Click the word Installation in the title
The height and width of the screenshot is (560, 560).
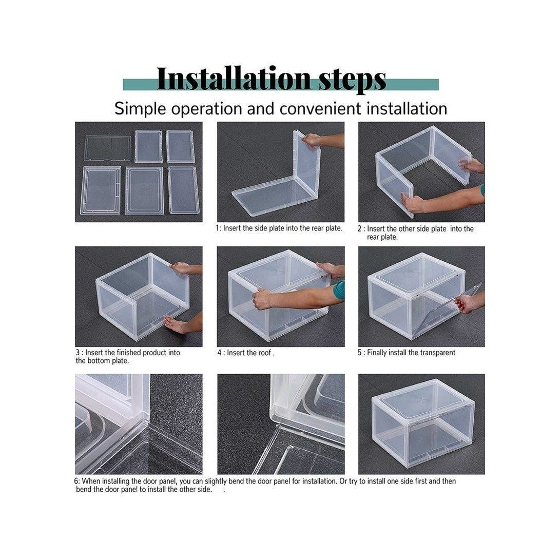(234, 78)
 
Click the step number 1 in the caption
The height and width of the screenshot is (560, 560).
(217, 228)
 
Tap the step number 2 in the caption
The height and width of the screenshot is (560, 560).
(360, 229)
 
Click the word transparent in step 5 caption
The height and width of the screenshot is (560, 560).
(437, 353)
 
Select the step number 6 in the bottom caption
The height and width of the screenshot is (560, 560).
(76, 481)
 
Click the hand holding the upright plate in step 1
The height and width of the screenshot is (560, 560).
(312, 140)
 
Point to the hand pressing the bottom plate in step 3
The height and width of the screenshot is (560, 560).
(175, 324)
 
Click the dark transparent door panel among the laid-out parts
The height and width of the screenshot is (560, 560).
(107, 148)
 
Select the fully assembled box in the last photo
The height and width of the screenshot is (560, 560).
(423, 423)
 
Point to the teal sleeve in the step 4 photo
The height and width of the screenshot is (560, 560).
(339, 290)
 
